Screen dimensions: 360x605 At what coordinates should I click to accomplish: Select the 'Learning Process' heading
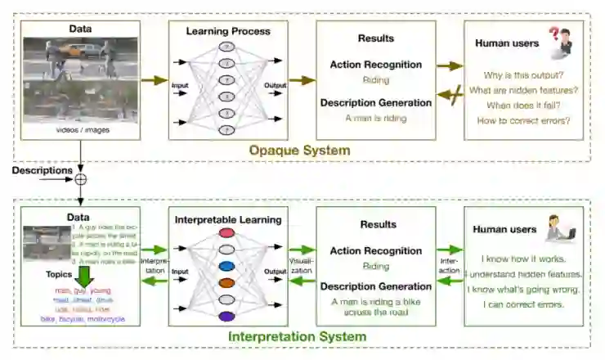(x=228, y=32)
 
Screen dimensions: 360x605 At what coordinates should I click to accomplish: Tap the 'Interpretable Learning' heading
(x=228, y=218)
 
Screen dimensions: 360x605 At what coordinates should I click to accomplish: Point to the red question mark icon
(x=555, y=34)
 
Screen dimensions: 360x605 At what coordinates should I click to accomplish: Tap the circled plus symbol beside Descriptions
(x=80, y=178)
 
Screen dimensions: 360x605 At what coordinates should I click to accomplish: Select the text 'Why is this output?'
(x=524, y=74)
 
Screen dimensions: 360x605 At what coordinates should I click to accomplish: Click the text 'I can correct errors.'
(x=523, y=304)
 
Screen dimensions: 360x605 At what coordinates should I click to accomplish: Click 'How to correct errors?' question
(x=524, y=120)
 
